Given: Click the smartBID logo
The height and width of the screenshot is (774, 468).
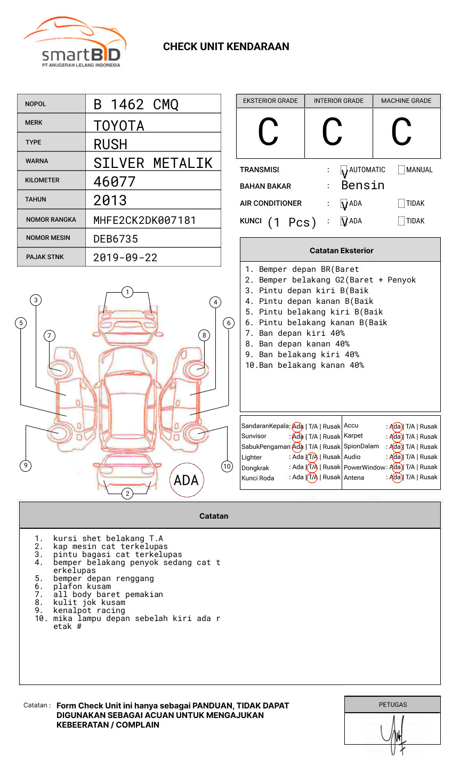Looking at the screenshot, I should click(x=75, y=43).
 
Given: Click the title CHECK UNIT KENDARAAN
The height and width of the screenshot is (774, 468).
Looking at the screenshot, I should click(x=226, y=47).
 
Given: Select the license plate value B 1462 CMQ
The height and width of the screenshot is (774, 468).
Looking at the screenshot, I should click(x=136, y=104).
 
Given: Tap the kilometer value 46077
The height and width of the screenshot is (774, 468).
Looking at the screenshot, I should click(x=115, y=182).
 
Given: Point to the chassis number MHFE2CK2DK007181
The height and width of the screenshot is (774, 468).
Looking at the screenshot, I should click(x=144, y=220).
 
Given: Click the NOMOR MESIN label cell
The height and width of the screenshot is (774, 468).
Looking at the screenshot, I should click(x=51, y=238).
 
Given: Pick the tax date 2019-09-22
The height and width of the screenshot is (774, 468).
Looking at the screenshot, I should click(x=125, y=257).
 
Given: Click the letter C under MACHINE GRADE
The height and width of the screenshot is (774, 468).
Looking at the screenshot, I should click(x=401, y=132).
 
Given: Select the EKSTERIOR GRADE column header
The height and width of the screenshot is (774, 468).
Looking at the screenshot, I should click(x=270, y=101).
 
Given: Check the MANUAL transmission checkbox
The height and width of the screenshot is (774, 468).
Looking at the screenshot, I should click(x=401, y=170).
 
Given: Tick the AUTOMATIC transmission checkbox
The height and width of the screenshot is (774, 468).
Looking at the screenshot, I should click(x=344, y=171).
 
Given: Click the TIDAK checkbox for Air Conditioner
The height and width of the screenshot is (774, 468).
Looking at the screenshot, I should click(x=401, y=204).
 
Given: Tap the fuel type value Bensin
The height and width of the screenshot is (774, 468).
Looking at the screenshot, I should click(x=362, y=186).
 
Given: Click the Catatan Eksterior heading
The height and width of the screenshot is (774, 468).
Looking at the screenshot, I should click(x=341, y=251).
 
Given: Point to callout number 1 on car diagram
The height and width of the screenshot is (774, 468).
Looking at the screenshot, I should click(x=127, y=292).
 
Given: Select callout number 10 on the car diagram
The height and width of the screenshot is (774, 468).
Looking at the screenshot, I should click(x=227, y=466).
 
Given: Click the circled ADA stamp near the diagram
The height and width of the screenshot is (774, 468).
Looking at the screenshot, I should click(x=186, y=480).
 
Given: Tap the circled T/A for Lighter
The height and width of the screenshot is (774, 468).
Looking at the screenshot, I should click(x=312, y=457).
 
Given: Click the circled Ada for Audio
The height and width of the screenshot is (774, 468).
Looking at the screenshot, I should click(x=396, y=457).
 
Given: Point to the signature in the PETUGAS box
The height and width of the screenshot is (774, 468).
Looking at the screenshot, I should click(x=393, y=735).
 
